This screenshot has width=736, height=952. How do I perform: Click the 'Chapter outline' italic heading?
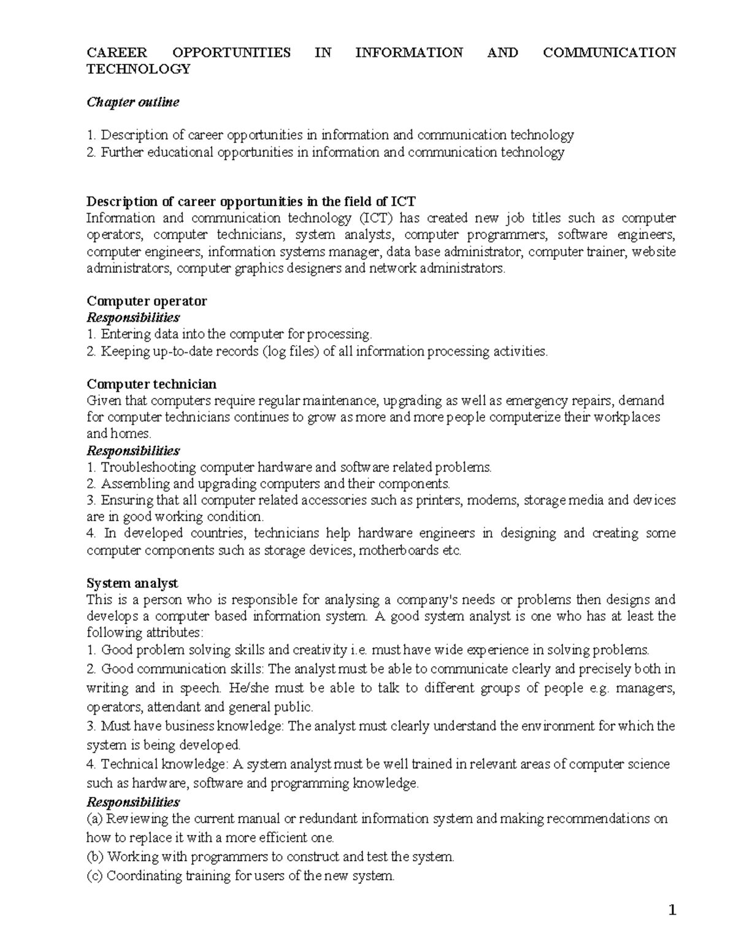click(133, 102)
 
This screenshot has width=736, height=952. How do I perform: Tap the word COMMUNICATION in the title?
click(609, 53)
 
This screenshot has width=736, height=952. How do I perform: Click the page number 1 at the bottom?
click(672, 911)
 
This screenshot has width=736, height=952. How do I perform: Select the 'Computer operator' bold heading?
click(147, 301)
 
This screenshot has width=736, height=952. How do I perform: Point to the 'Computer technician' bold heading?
click(151, 384)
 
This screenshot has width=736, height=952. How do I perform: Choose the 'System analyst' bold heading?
click(132, 583)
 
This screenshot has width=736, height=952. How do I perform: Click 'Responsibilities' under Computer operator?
click(133, 318)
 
